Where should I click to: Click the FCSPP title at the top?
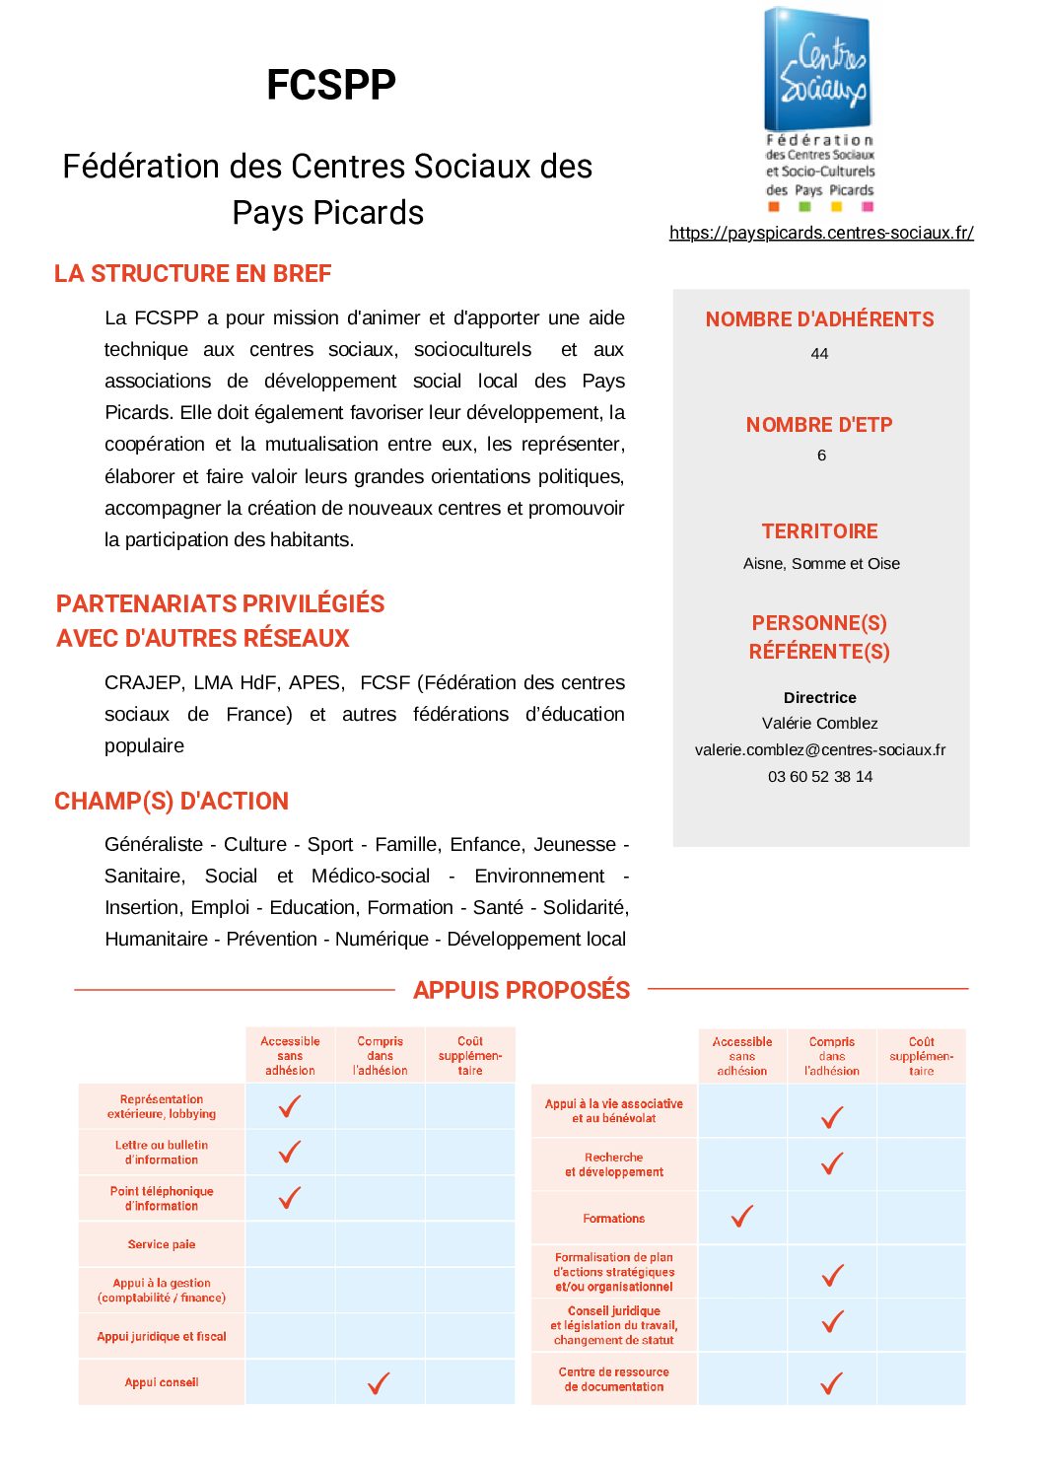click(x=331, y=85)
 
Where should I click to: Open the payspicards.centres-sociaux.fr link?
click(x=821, y=233)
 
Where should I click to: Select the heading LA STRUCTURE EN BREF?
click(x=192, y=273)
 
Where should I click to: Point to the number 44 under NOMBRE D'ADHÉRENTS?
click(x=819, y=353)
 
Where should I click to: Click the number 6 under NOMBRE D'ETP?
click(x=821, y=455)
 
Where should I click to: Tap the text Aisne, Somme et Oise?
click(x=821, y=563)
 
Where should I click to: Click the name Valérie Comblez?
click(x=819, y=723)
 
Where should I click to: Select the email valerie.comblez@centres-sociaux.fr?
click(x=819, y=749)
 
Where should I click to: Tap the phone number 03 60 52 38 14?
click(x=820, y=776)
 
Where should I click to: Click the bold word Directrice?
click(x=819, y=697)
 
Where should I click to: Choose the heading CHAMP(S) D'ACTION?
click(x=172, y=801)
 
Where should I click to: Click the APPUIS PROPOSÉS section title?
click(x=522, y=990)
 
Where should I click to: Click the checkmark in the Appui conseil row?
click(x=379, y=1382)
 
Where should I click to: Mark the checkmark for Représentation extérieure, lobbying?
click(x=290, y=1106)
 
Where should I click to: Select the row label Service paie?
click(x=162, y=1244)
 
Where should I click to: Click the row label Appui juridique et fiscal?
click(x=162, y=1336)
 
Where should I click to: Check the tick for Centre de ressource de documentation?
click(x=832, y=1382)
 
